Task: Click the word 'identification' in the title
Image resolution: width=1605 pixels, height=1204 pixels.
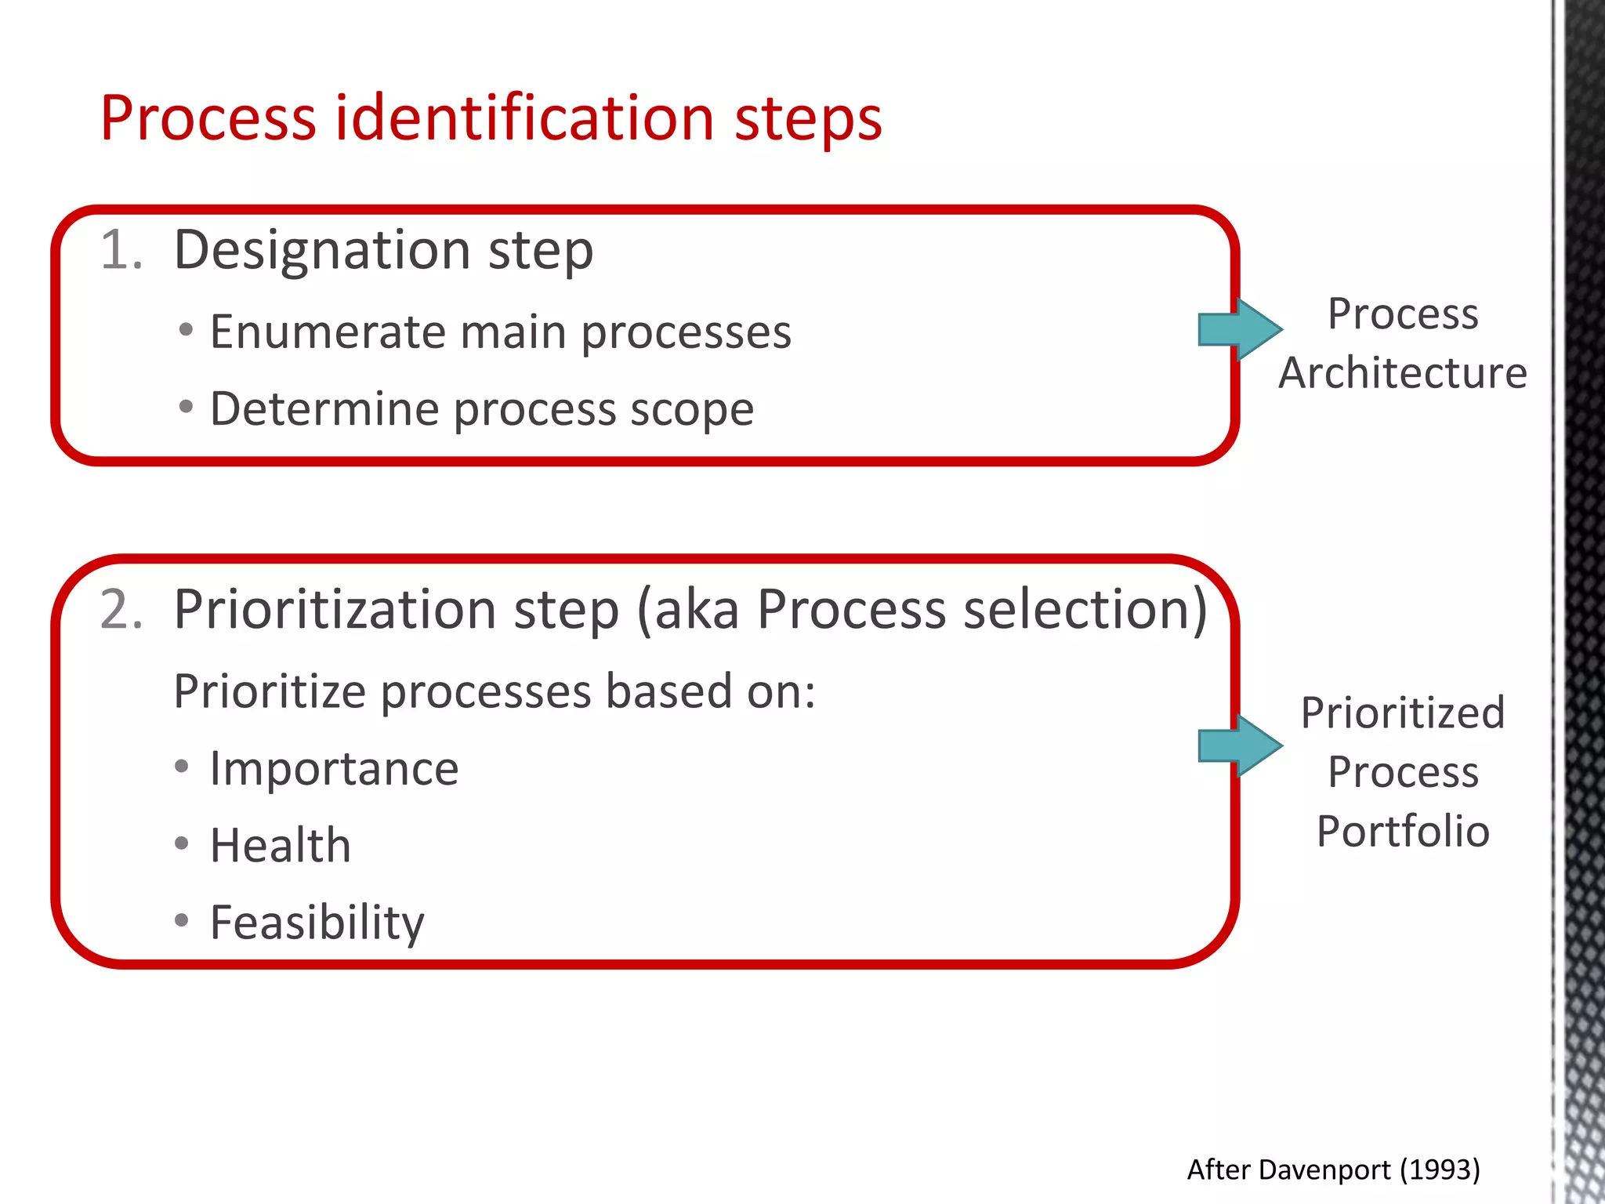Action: [524, 118]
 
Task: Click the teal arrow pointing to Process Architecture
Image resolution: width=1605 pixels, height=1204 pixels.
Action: [1239, 329]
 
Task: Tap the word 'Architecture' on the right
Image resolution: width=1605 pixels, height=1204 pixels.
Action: [1403, 373]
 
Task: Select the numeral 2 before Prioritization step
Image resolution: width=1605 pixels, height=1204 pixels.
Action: [121, 609]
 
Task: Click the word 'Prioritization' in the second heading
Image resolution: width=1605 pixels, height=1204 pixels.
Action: [335, 609]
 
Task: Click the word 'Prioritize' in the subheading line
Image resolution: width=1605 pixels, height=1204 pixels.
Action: [269, 691]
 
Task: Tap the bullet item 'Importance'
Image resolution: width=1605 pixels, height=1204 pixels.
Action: [334, 768]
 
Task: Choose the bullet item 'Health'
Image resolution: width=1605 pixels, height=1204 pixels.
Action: [280, 846]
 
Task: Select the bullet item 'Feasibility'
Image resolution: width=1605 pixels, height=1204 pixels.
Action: [317, 923]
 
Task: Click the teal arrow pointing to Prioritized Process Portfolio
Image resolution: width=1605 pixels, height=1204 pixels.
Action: [1239, 745]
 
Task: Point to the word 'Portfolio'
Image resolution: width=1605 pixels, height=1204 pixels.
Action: [1403, 832]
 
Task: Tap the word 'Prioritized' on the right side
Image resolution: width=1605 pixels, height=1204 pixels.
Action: [1403, 713]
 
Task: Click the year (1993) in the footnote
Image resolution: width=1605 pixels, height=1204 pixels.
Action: [1440, 1170]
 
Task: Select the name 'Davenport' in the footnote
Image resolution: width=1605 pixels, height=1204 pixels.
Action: [1324, 1170]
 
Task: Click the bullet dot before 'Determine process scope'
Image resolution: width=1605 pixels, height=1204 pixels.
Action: [186, 407]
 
